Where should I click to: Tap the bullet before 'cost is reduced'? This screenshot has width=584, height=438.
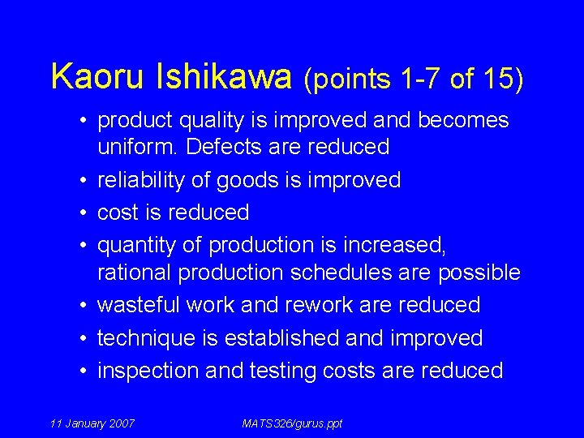pos(84,213)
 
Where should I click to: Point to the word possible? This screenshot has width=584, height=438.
pos(479,273)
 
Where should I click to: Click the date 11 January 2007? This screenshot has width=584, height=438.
pos(92,423)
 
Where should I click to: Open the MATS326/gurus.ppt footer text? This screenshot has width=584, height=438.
pos(292,423)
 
